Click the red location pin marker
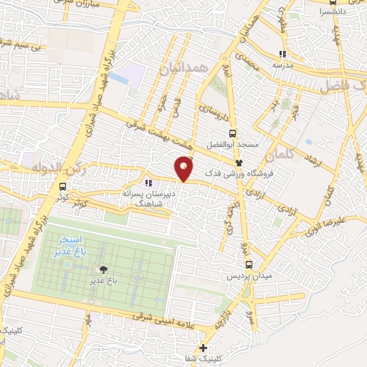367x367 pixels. pos(184,168)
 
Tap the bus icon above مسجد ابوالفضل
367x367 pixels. pos(231,133)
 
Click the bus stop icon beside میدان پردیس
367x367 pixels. pos(248,264)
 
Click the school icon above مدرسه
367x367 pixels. pos(282,54)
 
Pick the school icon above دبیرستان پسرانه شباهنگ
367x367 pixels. pos(149,183)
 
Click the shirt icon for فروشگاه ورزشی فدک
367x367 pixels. pos(240,163)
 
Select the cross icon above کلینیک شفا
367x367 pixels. pos(205,348)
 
